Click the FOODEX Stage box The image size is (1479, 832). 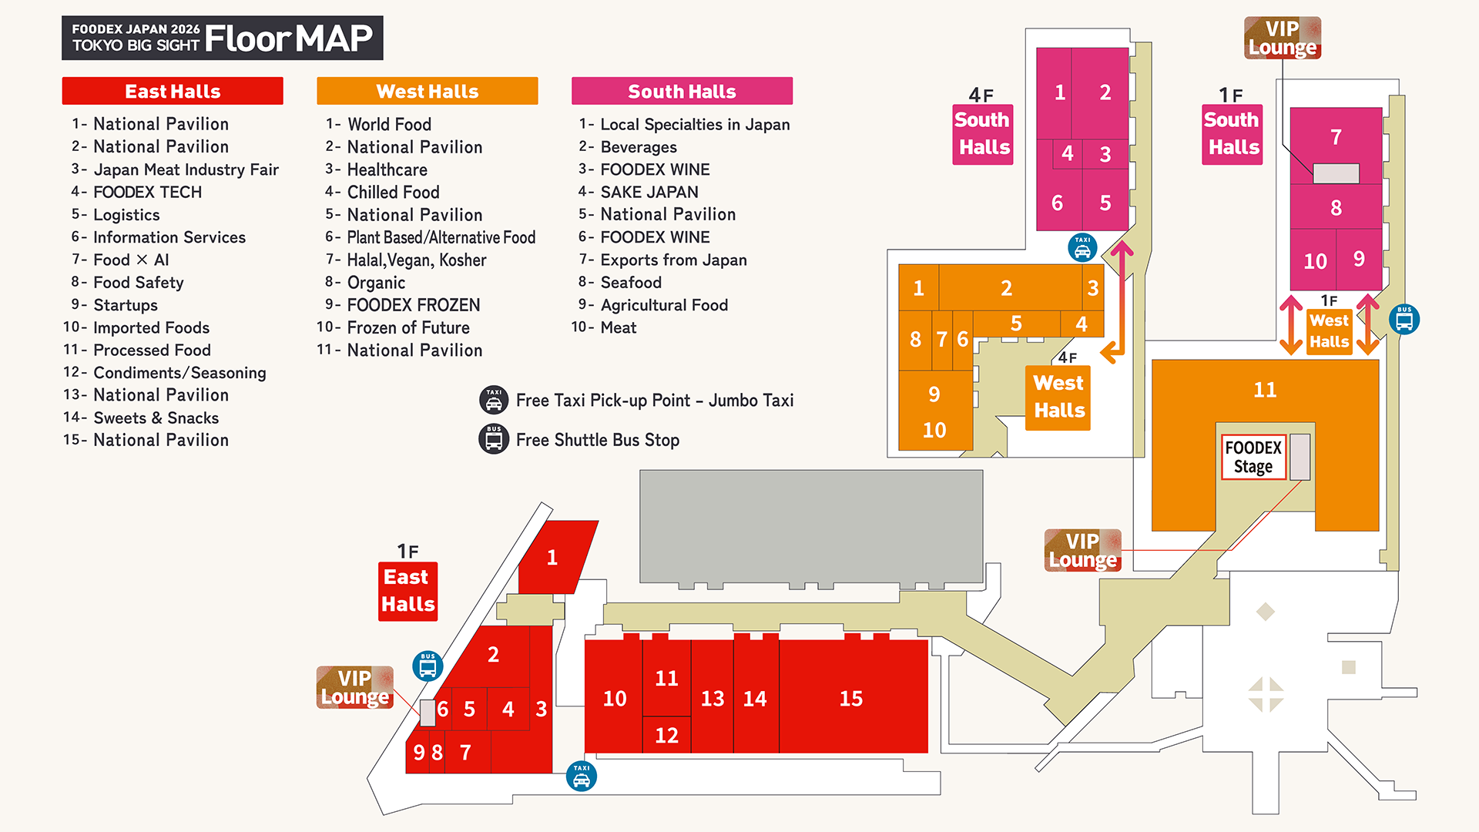tap(1253, 458)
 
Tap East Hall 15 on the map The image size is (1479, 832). tap(852, 698)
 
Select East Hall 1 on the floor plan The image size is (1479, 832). tap(553, 558)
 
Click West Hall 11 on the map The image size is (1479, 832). tap(1265, 391)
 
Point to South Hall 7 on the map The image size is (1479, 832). tap(1336, 138)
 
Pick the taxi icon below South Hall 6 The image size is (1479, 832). tap(1082, 248)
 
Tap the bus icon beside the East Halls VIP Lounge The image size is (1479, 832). tap(428, 666)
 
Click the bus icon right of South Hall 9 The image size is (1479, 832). tap(1404, 319)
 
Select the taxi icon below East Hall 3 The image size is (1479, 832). tap(582, 777)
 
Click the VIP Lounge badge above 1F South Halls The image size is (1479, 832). tap(1283, 39)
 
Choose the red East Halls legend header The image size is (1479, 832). tap(173, 91)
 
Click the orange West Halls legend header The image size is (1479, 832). tap(427, 91)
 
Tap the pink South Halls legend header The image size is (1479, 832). tap(682, 91)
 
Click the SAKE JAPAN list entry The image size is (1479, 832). tap(649, 192)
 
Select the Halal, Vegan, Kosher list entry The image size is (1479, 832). tap(416, 260)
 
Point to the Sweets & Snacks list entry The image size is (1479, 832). tap(156, 418)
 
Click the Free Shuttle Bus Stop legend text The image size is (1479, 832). tap(597, 440)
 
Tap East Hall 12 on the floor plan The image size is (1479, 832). tap(666, 735)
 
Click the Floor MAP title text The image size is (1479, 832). tap(288, 39)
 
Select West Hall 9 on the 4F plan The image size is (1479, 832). tap(934, 394)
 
